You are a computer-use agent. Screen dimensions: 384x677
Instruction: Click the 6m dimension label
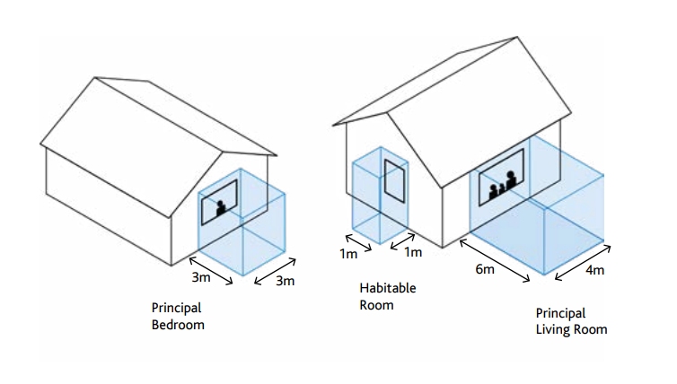pyautogui.click(x=484, y=269)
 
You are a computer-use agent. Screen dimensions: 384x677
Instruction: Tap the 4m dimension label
pyautogui.click(x=593, y=271)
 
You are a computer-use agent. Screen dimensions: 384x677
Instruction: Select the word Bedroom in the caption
pyautogui.click(x=178, y=325)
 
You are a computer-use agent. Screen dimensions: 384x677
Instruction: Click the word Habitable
pyautogui.click(x=388, y=288)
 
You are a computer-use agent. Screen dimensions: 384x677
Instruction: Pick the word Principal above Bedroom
pyautogui.click(x=177, y=308)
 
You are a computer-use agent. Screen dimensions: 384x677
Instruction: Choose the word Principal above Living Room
pyautogui.click(x=560, y=313)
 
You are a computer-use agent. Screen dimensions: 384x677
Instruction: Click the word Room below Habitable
pyautogui.click(x=376, y=305)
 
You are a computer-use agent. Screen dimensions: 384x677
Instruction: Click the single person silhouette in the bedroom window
pyautogui.click(x=221, y=208)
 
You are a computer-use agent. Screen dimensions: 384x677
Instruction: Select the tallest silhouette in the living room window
pyautogui.click(x=511, y=179)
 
